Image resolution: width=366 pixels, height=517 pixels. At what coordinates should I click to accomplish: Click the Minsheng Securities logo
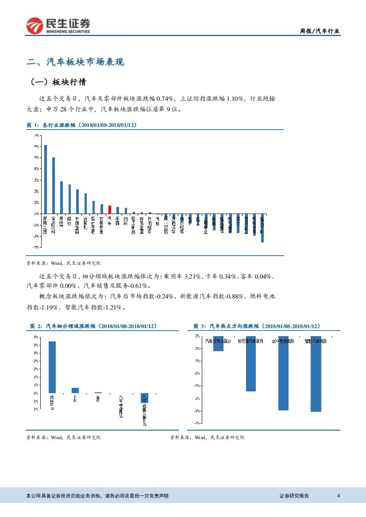point(58,26)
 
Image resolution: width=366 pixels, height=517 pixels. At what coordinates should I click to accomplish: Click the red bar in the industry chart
point(110,210)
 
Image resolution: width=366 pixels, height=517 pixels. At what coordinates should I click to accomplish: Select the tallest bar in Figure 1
point(45,179)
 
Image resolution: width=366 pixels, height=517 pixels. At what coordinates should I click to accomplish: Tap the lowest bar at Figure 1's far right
point(262,228)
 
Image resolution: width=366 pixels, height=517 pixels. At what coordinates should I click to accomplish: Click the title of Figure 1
point(82,126)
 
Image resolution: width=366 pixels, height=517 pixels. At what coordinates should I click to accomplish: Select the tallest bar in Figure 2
point(52,367)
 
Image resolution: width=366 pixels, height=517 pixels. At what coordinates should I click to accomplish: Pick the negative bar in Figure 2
point(145,398)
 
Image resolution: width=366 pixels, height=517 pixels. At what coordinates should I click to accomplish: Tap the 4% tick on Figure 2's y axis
point(35,337)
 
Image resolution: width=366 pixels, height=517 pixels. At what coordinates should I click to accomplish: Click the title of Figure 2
point(93,326)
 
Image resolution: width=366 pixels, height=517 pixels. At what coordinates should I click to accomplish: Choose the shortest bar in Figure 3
point(218,344)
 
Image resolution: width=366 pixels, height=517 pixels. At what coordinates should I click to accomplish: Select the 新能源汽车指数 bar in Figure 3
point(251,364)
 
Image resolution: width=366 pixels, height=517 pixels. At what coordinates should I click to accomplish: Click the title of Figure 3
point(257,326)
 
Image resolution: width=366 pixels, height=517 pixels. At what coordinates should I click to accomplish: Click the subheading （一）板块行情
point(58,82)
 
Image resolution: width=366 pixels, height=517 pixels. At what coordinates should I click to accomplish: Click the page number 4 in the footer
point(338,496)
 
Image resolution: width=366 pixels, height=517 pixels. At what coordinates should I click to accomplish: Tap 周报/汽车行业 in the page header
point(320,31)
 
